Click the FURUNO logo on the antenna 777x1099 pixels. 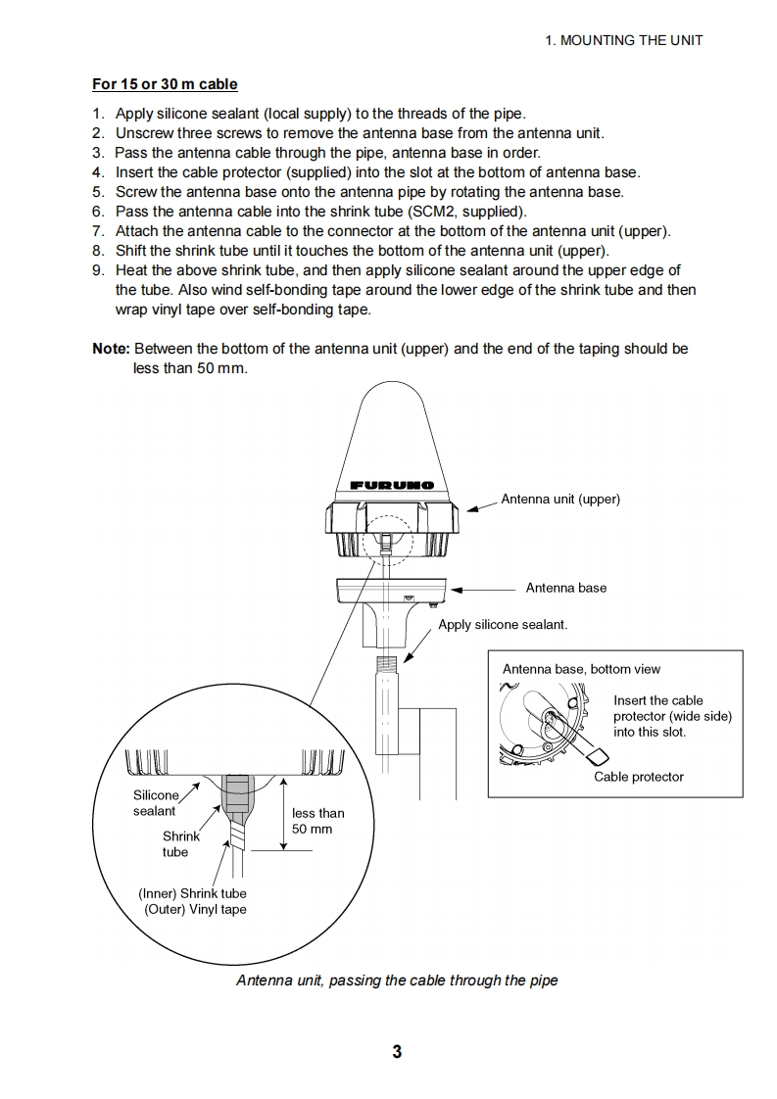[391, 485]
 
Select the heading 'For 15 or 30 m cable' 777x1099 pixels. [165, 84]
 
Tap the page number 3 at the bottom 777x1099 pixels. [397, 1052]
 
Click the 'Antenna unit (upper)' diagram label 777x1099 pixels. [560, 499]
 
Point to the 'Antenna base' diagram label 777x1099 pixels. [565, 588]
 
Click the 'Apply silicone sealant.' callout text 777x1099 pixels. [503, 624]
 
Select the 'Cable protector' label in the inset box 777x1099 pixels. [639, 777]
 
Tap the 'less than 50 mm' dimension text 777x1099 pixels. [317, 821]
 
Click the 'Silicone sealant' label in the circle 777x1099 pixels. [156, 803]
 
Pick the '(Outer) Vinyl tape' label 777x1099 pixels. [195, 909]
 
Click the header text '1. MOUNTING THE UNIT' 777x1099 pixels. [623, 40]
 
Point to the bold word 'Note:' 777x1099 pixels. [111, 349]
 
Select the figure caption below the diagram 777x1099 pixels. [397, 980]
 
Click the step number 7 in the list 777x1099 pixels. [98, 231]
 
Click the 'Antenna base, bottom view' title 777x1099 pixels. [581, 669]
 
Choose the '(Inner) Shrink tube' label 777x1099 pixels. [192, 893]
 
